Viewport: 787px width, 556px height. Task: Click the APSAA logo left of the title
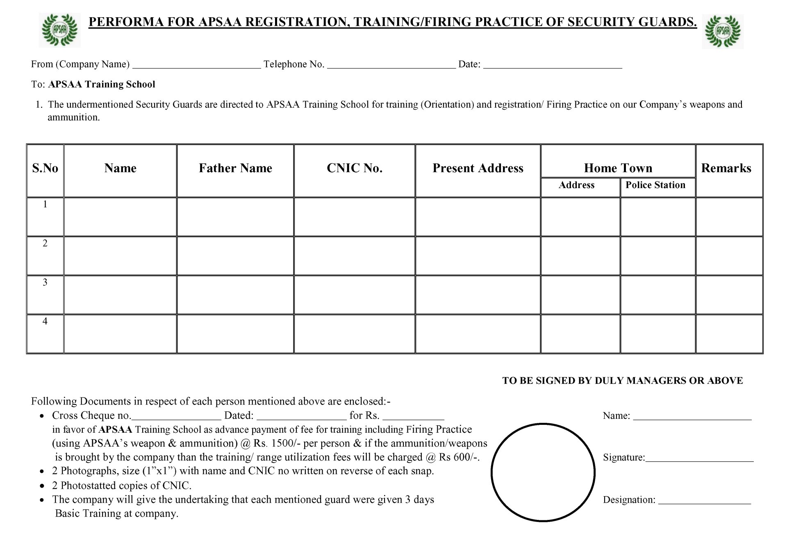pyautogui.click(x=59, y=30)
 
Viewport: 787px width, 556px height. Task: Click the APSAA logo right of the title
pyautogui.click(x=723, y=32)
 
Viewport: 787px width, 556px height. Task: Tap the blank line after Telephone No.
pyautogui.click(x=391, y=66)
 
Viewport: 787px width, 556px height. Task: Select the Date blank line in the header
pyautogui.click(x=553, y=66)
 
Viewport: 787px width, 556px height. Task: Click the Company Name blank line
pyautogui.click(x=197, y=66)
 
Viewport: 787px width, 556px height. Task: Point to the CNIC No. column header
pyautogui.click(x=355, y=168)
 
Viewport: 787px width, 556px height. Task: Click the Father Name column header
pyautogui.click(x=235, y=168)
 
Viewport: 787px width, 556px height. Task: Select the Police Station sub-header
pyautogui.click(x=655, y=185)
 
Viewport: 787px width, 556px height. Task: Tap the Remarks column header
pyautogui.click(x=726, y=168)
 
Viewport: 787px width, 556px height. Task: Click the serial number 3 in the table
pyautogui.click(x=45, y=282)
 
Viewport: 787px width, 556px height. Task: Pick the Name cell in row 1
pyautogui.click(x=120, y=217)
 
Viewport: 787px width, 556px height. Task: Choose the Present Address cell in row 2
pyautogui.click(x=478, y=256)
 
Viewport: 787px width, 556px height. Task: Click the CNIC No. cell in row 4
pyautogui.click(x=355, y=334)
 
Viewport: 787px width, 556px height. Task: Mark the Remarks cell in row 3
pyautogui.click(x=729, y=295)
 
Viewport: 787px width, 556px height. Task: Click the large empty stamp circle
pyautogui.click(x=543, y=472)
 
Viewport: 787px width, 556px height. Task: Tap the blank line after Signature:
pyautogui.click(x=699, y=460)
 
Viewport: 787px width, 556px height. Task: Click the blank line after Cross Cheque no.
pyautogui.click(x=176, y=418)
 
